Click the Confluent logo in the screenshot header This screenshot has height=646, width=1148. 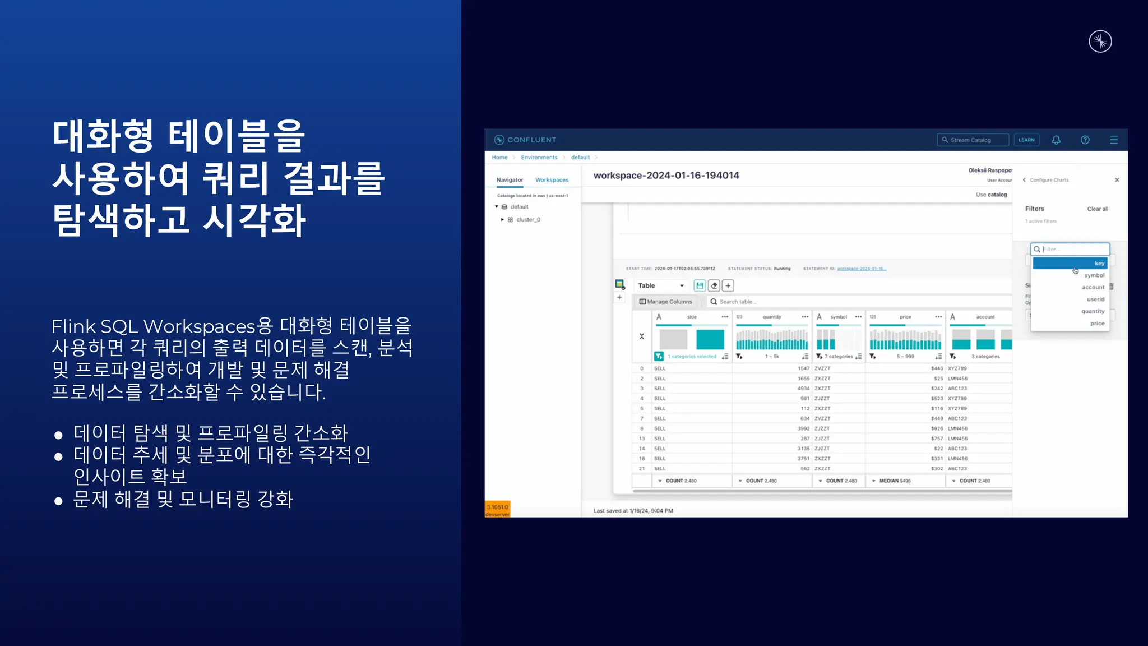click(525, 140)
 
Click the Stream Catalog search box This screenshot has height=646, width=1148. click(973, 140)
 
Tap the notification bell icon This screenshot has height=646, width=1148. click(1056, 140)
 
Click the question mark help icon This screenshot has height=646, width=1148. click(1085, 140)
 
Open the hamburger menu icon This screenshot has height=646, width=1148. click(1114, 140)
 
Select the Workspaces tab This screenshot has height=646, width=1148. click(552, 180)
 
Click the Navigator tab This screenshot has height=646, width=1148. click(510, 180)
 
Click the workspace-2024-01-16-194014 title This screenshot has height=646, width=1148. click(666, 176)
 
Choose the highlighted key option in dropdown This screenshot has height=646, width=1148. click(1070, 263)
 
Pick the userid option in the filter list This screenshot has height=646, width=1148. click(1095, 299)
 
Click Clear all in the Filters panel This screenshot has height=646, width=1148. click(1098, 209)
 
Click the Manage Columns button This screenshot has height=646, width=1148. click(666, 302)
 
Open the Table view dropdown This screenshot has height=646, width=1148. click(661, 285)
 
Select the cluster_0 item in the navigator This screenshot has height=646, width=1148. click(528, 220)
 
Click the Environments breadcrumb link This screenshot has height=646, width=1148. click(539, 158)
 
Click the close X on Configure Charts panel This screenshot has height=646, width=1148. click(1117, 180)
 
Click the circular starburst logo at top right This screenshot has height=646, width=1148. click(1100, 41)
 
